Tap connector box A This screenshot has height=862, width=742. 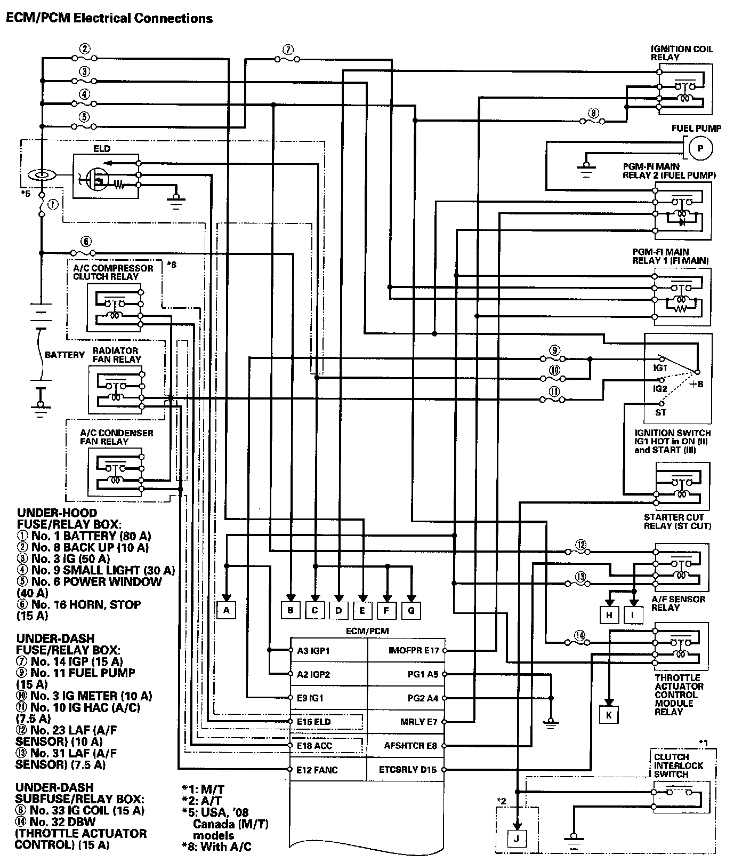click(227, 610)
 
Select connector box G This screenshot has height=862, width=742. click(411, 610)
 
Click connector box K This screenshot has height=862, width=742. click(608, 714)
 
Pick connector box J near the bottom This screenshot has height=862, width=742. click(516, 839)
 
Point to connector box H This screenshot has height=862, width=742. click(609, 614)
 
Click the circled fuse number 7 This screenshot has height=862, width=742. click(288, 50)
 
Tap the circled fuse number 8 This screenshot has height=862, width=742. click(594, 113)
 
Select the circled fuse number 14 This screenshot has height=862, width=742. click(580, 635)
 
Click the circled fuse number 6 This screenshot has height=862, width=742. click(86, 241)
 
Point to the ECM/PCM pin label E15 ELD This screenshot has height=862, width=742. click(314, 722)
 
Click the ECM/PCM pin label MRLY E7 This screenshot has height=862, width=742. click(418, 722)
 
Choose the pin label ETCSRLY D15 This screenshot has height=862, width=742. click(408, 770)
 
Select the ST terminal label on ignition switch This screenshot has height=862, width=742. click(660, 412)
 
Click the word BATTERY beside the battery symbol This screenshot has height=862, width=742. click(64, 355)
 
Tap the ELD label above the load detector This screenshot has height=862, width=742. click(102, 149)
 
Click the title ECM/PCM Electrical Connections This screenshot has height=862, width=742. click(109, 18)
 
